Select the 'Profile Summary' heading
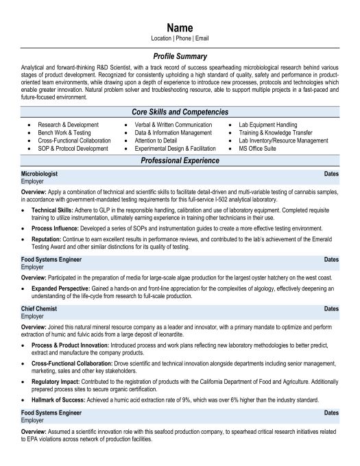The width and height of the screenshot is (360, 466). coord(180,56)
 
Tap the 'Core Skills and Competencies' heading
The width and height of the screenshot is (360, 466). coord(180,112)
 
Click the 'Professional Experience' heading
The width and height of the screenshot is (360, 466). coord(180,160)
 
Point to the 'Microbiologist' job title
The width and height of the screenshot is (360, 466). coord(39,175)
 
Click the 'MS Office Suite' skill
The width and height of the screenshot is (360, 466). coord(257,148)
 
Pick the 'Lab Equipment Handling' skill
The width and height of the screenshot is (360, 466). coord(267,125)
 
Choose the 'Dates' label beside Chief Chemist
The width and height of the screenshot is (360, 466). coord(331,310)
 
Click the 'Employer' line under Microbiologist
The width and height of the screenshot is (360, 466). coord(32,182)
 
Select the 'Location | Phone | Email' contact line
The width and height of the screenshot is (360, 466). coord(180,38)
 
